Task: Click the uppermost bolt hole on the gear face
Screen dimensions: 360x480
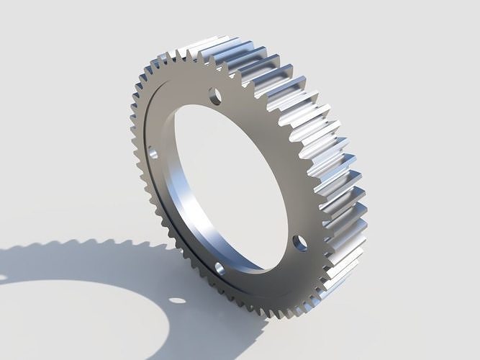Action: pyautogui.click(x=214, y=94)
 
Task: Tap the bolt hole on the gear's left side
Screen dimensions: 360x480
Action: pyautogui.click(x=153, y=152)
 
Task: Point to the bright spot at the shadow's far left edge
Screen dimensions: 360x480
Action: pyautogui.click(x=2, y=276)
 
